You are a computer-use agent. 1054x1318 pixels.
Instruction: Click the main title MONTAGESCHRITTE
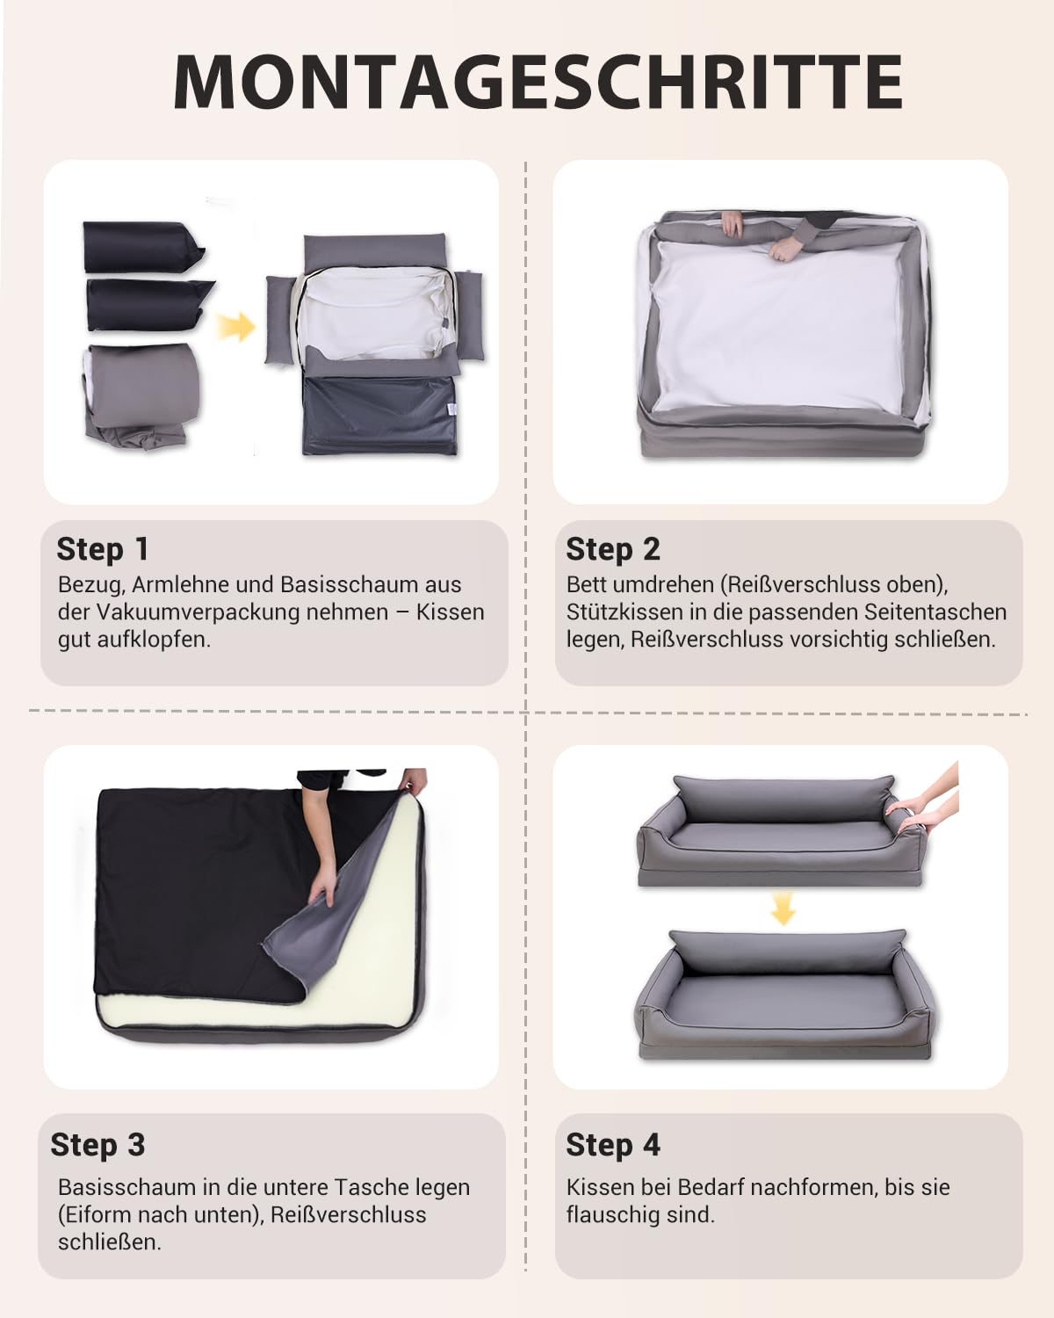(x=538, y=82)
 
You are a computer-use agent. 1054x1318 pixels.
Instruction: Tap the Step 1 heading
(x=102, y=549)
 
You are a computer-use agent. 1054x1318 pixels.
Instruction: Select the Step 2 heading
(x=613, y=549)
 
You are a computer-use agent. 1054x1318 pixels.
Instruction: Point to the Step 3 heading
(x=98, y=1145)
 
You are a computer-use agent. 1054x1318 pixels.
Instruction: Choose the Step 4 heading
(x=613, y=1145)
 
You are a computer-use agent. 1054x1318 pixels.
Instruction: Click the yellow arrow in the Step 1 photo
(x=235, y=327)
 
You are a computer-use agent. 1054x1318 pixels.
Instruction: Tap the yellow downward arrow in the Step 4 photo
(x=782, y=908)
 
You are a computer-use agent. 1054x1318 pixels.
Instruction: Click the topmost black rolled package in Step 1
(x=142, y=247)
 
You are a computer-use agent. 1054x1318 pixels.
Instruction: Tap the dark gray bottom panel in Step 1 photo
(x=379, y=416)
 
